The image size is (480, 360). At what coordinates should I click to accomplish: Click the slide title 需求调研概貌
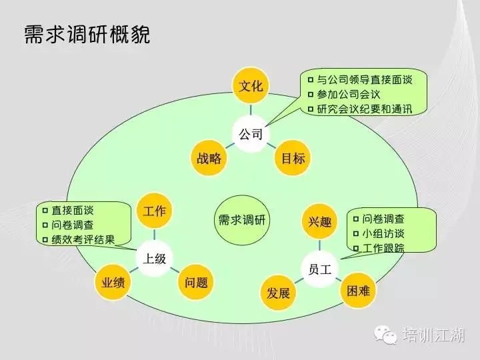point(87,34)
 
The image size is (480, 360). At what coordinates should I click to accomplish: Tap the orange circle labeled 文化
point(251,86)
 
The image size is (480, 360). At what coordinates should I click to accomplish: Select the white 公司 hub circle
point(251,134)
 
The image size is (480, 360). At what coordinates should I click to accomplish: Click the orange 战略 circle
point(209,158)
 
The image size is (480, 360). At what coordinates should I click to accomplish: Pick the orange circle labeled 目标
point(293,158)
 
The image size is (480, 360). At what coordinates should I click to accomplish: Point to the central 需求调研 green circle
point(242,220)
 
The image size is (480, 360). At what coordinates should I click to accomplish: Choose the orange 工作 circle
point(154,211)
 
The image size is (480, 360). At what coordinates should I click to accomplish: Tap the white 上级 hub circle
point(154,259)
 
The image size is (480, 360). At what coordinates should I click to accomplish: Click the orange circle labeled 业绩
point(113,282)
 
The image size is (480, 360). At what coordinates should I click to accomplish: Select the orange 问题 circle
point(196,282)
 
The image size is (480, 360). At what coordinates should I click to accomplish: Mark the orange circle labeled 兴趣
point(319,221)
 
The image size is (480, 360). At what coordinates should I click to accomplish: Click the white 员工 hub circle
point(319,269)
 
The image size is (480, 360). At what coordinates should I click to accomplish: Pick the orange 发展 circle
point(278,293)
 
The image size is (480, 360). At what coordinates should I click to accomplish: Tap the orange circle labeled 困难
point(358,290)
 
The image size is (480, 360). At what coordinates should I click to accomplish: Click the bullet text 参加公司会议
point(349,95)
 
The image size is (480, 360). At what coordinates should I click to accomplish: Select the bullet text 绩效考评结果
point(83,239)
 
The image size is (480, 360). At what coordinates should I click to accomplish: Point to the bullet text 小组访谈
point(383,233)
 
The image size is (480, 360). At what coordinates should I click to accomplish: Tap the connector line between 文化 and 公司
point(251,109)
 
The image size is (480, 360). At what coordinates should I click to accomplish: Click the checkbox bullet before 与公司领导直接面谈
point(311,80)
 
